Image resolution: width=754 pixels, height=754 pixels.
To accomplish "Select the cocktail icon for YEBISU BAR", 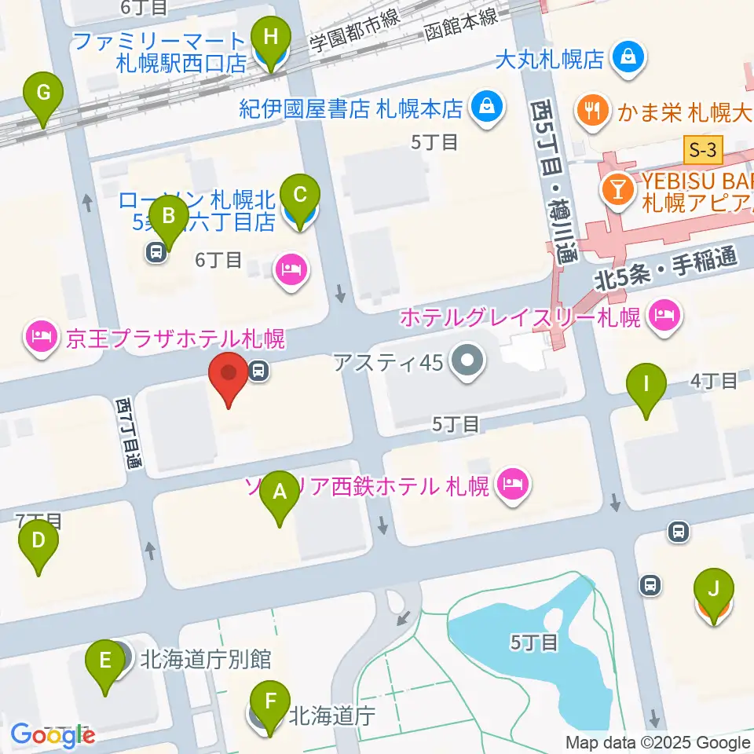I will [617, 188].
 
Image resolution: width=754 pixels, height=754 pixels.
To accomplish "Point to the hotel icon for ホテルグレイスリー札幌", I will [664, 317].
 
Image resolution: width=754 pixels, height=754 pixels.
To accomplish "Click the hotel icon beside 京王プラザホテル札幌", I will [40, 339].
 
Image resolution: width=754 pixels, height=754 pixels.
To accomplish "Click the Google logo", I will [52, 734].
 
